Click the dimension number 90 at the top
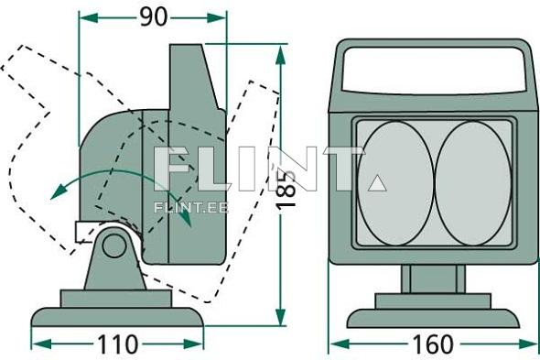(153, 16)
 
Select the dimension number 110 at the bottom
(117, 344)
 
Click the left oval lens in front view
(394, 183)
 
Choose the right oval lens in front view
(472, 183)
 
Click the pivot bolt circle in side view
(114, 245)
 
